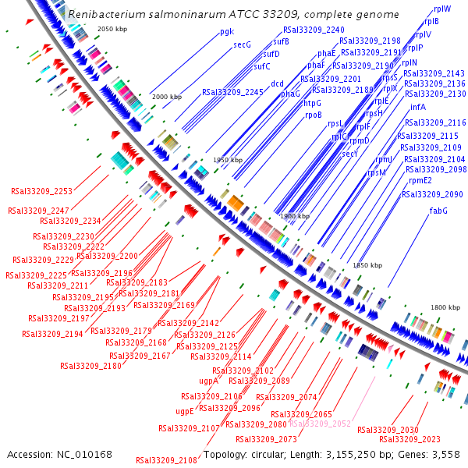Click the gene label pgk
point(227,32)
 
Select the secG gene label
point(243,44)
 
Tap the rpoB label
point(313,115)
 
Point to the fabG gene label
point(438,211)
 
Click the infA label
point(417,107)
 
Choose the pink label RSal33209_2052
point(320,424)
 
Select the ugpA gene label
point(208,381)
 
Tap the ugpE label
point(184,411)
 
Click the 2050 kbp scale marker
point(112,29)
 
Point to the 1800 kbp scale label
point(446,307)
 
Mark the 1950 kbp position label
point(229,159)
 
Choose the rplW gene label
point(441,8)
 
